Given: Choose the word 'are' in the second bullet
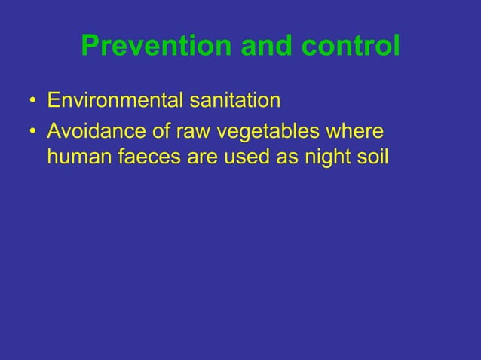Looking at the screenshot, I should (x=198, y=159).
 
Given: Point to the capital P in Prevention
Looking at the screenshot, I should (x=89, y=47).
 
